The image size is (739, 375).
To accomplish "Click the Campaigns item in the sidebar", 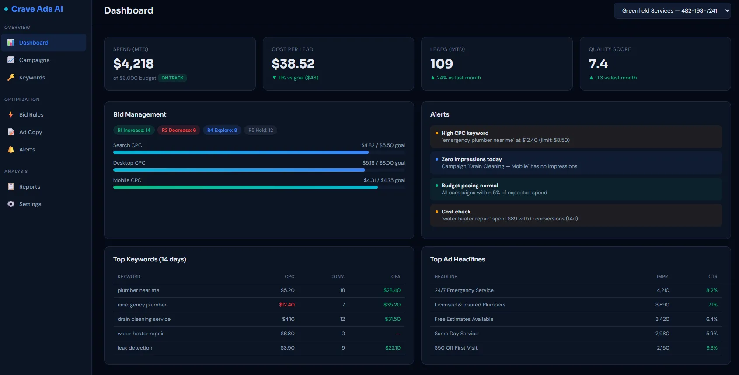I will click(x=34, y=60).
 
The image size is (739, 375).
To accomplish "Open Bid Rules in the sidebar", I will click(x=31, y=115).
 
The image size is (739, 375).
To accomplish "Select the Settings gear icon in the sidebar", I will click(x=11, y=204).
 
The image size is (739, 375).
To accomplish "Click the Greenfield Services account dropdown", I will click(x=673, y=11).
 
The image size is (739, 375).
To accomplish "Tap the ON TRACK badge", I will click(x=172, y=78).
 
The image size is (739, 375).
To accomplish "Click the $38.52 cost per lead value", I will click(x=293, y=64).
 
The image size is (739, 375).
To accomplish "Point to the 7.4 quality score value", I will click(x=598, y=64).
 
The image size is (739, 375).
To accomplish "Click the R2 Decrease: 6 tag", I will click(x=179, y=130).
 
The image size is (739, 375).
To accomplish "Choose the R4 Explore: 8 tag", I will click(x=222, y=130).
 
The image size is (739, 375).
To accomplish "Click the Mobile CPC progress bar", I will click(x=245, y=187).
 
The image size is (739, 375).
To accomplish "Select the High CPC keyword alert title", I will click(x=465, y=133).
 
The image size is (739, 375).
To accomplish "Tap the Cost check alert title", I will click(x=456, y=212).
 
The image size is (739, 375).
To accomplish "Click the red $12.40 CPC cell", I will click(x=287, y=305).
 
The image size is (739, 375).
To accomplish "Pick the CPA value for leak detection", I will click(x=393, y=348).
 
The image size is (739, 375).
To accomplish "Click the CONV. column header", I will click(x=337, y=277).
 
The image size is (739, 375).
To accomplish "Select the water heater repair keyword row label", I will click(x=141, y=334).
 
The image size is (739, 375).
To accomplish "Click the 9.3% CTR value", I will click(x=711, y=348).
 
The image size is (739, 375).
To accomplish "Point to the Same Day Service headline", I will click(x=456, y=334).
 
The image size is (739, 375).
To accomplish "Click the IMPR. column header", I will click(x=662, y=277).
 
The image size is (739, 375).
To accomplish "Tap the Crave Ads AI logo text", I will click(x=37, y=9).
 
